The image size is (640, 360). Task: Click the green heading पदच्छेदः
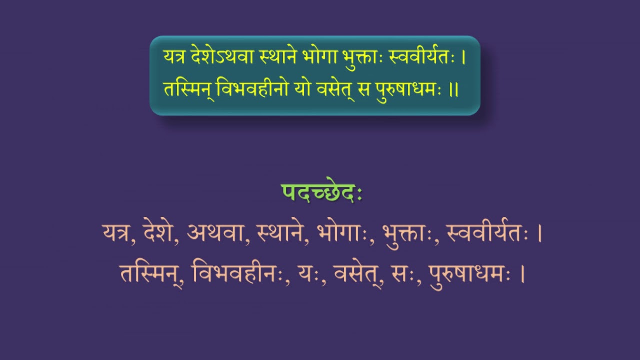click(322, 192)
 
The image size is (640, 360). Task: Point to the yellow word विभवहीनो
click(252, 89)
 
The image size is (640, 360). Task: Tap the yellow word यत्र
click(175, 57)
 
